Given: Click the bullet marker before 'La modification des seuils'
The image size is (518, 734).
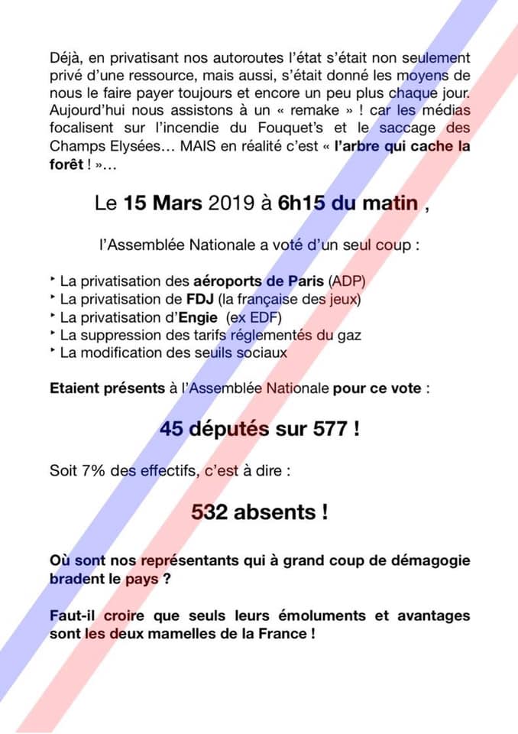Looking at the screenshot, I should point(53,351).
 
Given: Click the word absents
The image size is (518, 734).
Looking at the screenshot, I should point(282,512).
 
